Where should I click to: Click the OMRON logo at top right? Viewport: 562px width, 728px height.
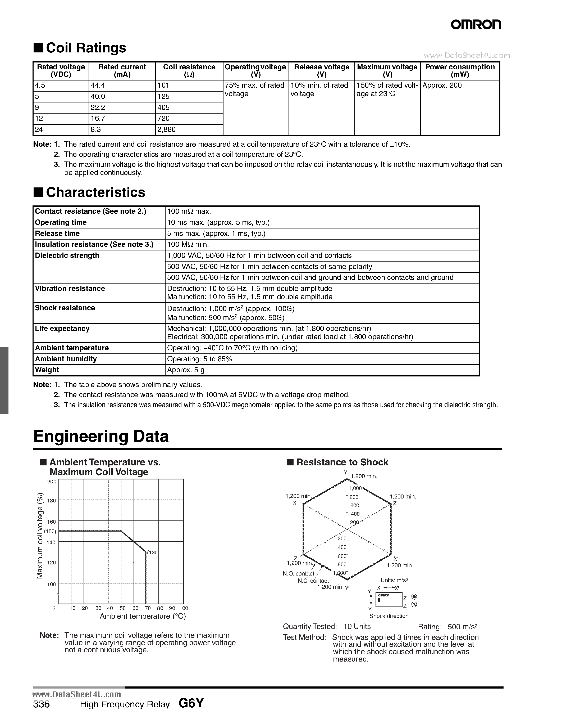pos(476,24)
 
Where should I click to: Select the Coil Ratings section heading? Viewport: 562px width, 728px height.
pos(86,48)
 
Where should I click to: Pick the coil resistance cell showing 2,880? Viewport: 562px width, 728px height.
pos(166,129)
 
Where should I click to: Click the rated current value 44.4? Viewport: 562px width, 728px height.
pos(98,85)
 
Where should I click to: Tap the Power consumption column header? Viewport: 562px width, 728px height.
pos(460,70)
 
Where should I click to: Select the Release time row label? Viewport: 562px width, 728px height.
pos(57,233)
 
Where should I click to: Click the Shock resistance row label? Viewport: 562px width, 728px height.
pos(65,308)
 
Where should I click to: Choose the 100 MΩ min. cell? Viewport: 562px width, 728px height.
pos(188,244)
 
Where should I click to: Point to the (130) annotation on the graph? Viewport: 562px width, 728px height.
pos(153,552)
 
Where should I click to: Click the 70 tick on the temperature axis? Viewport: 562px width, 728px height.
pos(148,608)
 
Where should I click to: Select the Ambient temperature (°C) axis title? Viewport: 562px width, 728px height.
pos(143,616)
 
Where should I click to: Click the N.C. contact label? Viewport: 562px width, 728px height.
pos(313,581)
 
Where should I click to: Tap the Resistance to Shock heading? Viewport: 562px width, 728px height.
pos(342,462)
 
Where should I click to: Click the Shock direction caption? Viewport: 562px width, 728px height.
pos(389,616)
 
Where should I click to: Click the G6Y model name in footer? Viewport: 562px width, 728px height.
pos(191,703)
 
